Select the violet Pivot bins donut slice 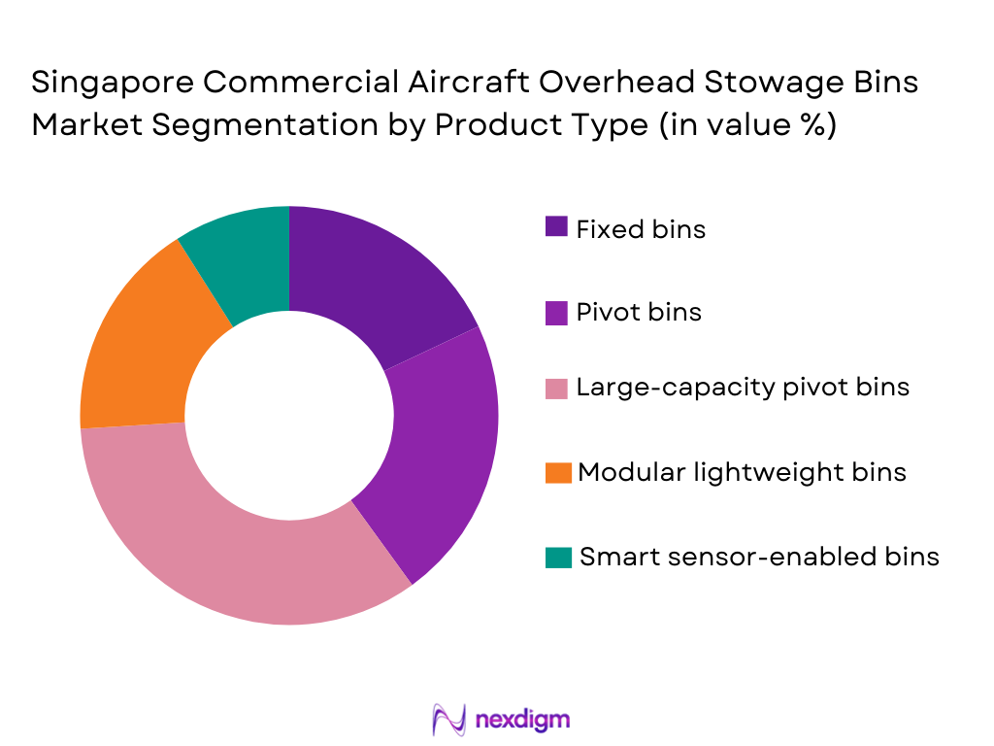point(437,447)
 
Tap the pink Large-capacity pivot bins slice point(243,544)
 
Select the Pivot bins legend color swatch point(556,312)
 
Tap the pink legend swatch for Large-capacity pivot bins point(556,388)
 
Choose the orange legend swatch point(556,472)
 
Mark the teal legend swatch point(556,557)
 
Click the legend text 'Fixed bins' point(641,229)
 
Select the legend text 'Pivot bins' point(638,312)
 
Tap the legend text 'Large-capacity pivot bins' point(743,388)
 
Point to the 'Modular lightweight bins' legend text point(742,472)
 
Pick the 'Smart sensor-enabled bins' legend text point(759,557)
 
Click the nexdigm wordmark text point(522,720)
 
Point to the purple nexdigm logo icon point(447,720)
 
